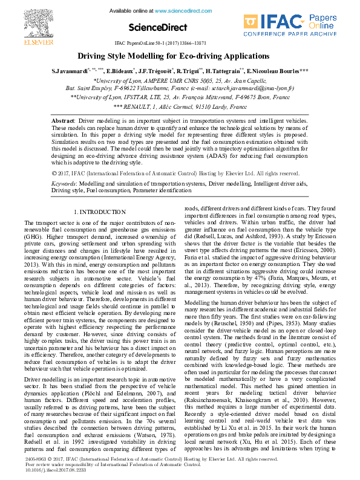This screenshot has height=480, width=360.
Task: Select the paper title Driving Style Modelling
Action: pos(180,56)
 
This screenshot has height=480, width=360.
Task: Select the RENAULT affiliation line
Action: pos(180,106)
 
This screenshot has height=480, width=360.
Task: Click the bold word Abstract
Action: pos(63,121)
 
